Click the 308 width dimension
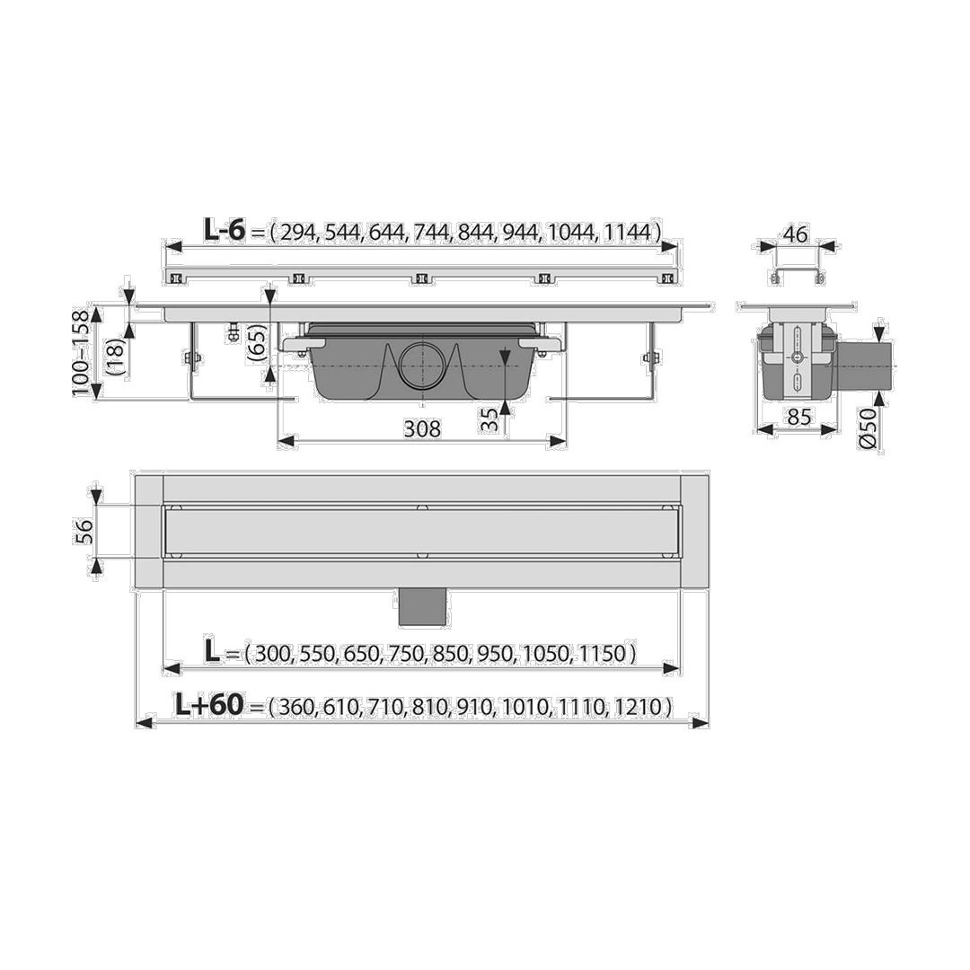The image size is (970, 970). pos(422,428)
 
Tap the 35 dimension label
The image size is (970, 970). pos(489,420)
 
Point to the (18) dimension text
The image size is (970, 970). pos(117,357)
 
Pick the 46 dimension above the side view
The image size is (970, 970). pos(795,234)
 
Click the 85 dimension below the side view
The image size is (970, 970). pos(798,417)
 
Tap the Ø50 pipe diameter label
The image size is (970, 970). pos(868,428)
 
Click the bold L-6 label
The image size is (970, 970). pos(225,231)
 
